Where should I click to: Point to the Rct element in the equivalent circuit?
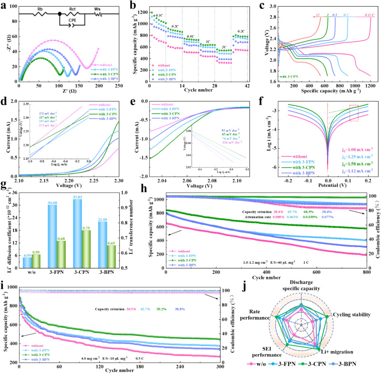(73, 8)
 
